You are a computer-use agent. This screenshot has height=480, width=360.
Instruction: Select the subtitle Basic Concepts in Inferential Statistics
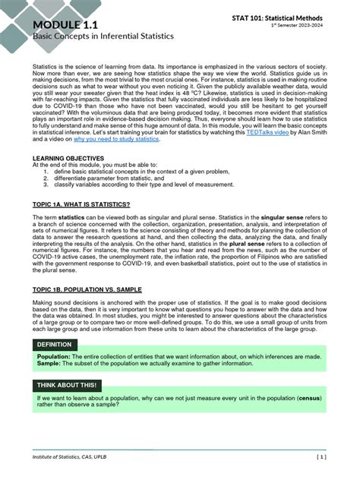click(x=103, y=36)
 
